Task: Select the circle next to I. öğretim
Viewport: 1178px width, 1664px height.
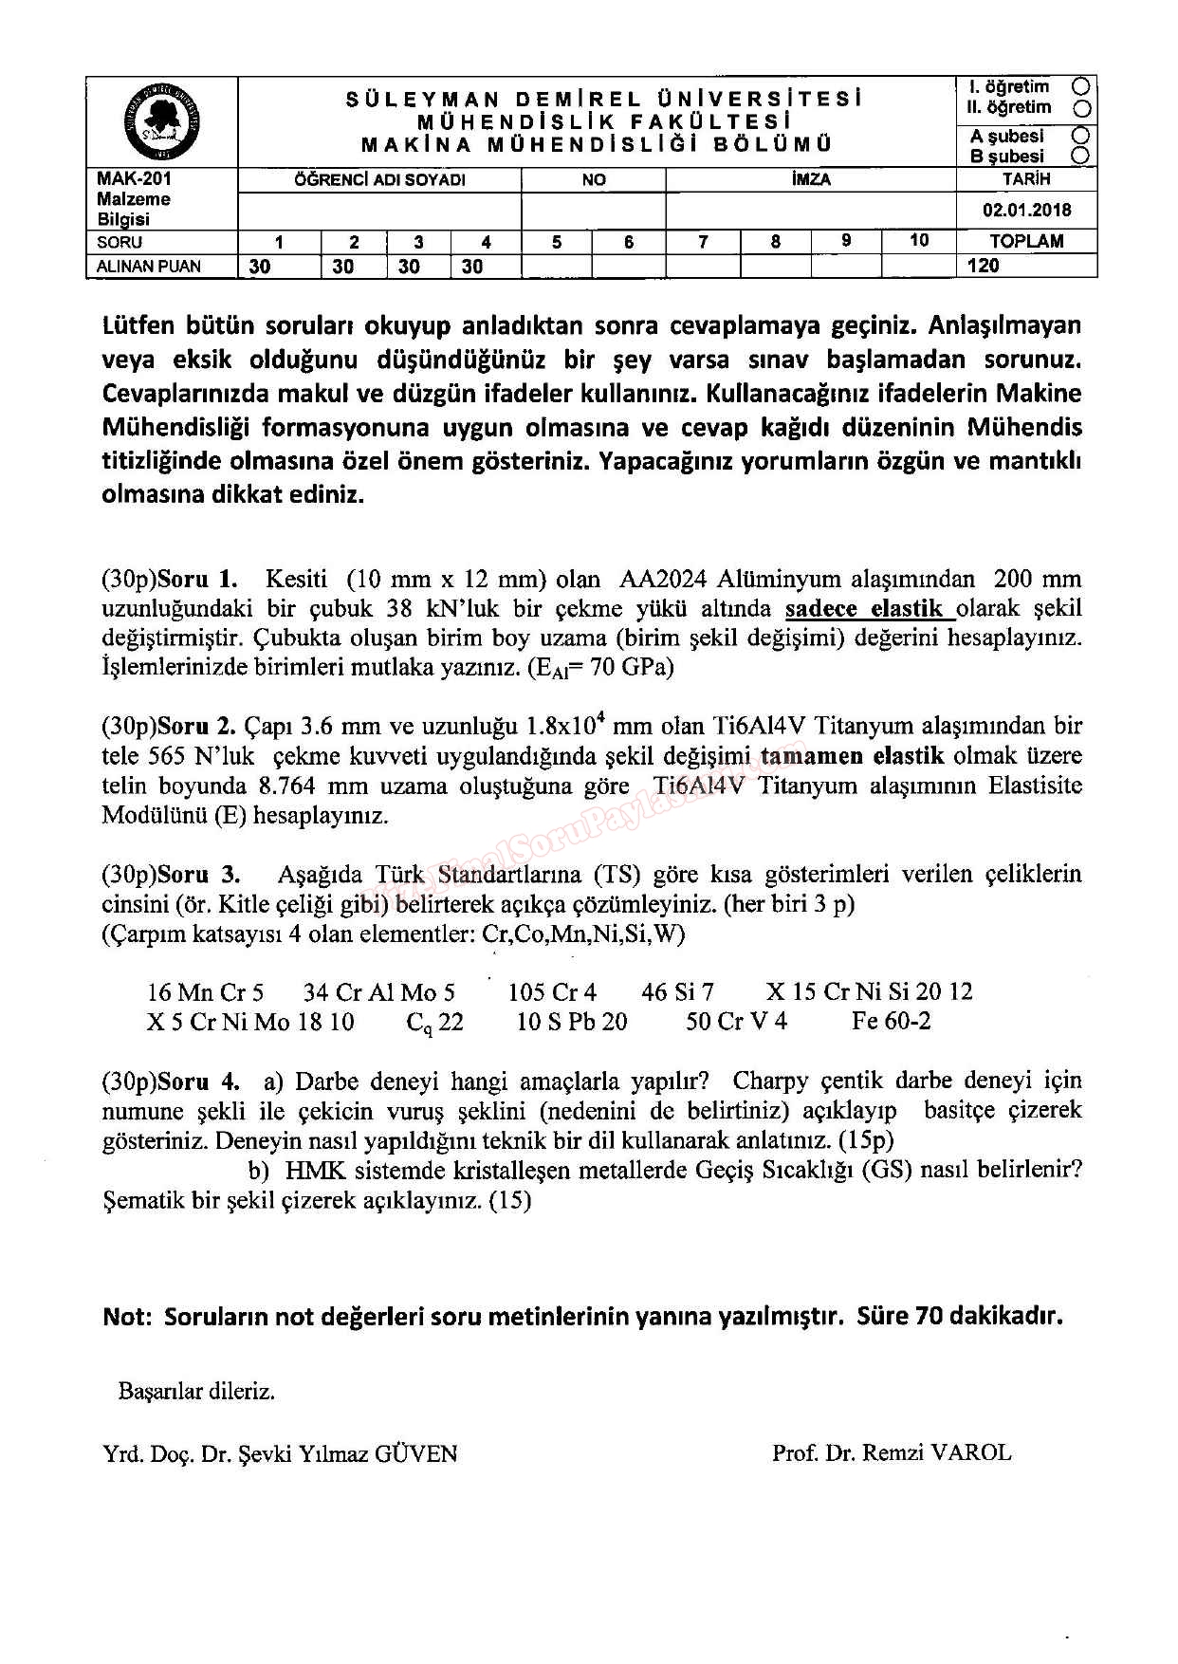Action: [x=1080, y=86]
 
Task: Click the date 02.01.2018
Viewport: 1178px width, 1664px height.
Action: [x=1026, y=210]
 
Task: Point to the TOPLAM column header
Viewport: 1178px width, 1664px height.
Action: [x=1026, y=241]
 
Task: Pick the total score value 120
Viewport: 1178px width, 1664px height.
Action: [x=984, y=266]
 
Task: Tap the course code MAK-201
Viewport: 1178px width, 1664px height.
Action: [x=135, y=178]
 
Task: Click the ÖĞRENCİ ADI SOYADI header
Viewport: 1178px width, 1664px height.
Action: [x=379, y=179]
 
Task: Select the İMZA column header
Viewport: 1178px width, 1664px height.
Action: [x=811, y=179]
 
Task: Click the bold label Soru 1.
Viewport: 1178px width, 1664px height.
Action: [x=197, y=579]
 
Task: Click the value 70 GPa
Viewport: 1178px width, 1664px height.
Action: [x=631, y=667]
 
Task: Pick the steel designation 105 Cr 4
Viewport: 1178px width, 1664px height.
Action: [x=552, y=992]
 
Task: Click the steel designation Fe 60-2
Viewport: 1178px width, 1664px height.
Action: [x=891, y=1021]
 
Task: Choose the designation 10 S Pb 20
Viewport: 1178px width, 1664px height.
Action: [x=571, y=1021]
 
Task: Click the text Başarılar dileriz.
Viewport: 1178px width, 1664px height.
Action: [x=196, y=1392]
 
